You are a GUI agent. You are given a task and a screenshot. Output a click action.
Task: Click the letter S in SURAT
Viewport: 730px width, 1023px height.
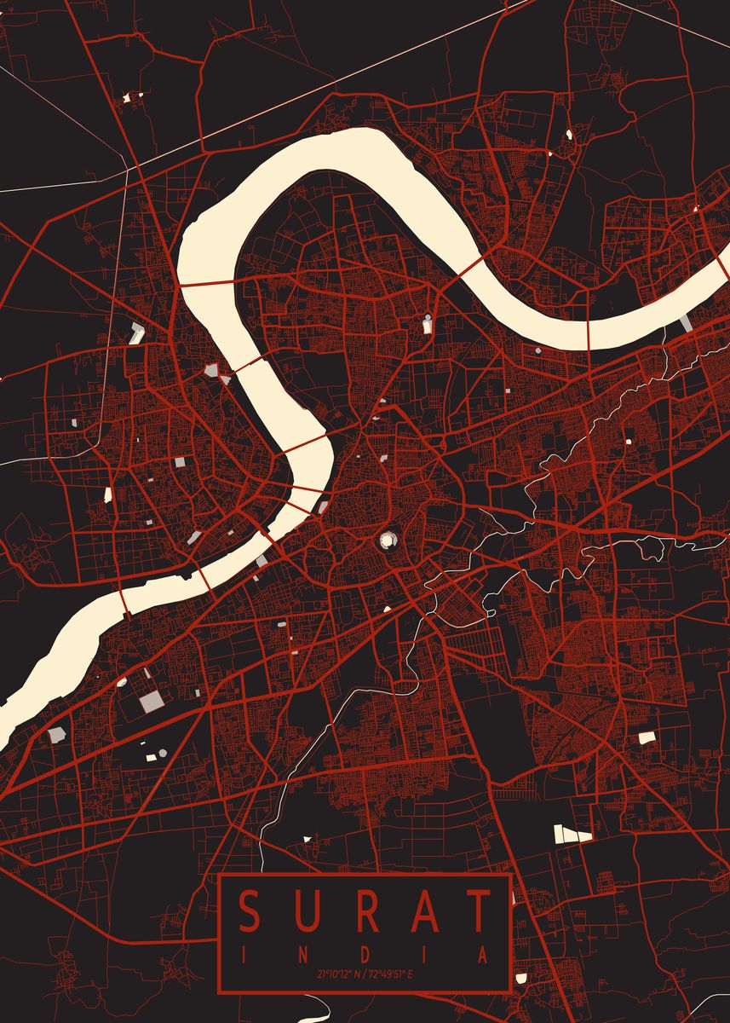pyautogui.click(x=250, y=911)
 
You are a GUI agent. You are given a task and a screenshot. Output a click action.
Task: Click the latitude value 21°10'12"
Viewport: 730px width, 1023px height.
pyautogui.click(x=336, y=974)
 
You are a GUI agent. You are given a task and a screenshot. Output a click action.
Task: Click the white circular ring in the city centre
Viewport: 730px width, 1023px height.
pyautogui.click(x=388, y=539)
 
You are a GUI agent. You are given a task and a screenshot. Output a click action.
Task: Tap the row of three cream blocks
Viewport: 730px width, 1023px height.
pyautogui.click(x=573, y=833)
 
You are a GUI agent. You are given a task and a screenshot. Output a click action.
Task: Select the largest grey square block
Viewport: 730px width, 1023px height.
pyautogui.click(x=152, y=702)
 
